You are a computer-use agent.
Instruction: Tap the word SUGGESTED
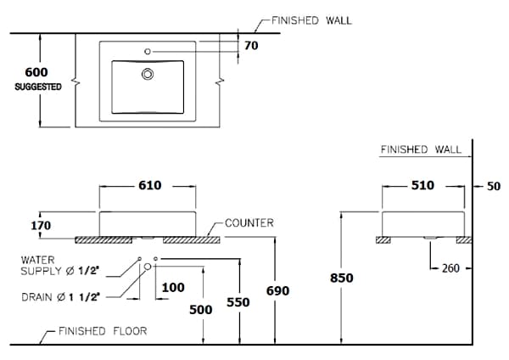pyautogui.click(x=38, y=87)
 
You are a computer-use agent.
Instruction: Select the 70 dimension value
pyautogui.click(x=251, y=46)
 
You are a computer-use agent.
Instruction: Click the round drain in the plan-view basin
pyautogui.click(x=148, y=74)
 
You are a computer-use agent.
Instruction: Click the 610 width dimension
pyautogui.click(x=148, y=185)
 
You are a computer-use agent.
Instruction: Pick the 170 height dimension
pyautogui.click(x=41, y=226)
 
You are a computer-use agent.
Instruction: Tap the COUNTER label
pyautogui.click(x=249, y=223)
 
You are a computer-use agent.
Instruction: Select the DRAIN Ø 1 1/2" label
pyautogui.click(x=61, y=297)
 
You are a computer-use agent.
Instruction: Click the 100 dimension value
pyautogui.click(x=172, y=288)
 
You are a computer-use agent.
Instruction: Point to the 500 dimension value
pyautogui.click(x=201, y=310)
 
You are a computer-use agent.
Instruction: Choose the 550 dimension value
pyautogui.click(x=238, y=301)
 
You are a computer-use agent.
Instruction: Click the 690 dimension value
pyautogui.click(x=277, y=291)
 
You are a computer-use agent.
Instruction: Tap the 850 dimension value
pyautogui.click(x=341, y=278)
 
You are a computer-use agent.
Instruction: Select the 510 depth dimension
pyautogui.click(x=422, y=185)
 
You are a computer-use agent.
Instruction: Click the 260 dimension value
pyautogui.click(x=450, y=268)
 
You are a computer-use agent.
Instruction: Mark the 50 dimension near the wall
pyautogui.click(x=495, y=186)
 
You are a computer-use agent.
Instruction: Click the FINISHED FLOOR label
pyautogui.click(x=103, y=331)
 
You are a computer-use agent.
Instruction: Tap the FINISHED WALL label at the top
pyautogui.click(x=312, y=20)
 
